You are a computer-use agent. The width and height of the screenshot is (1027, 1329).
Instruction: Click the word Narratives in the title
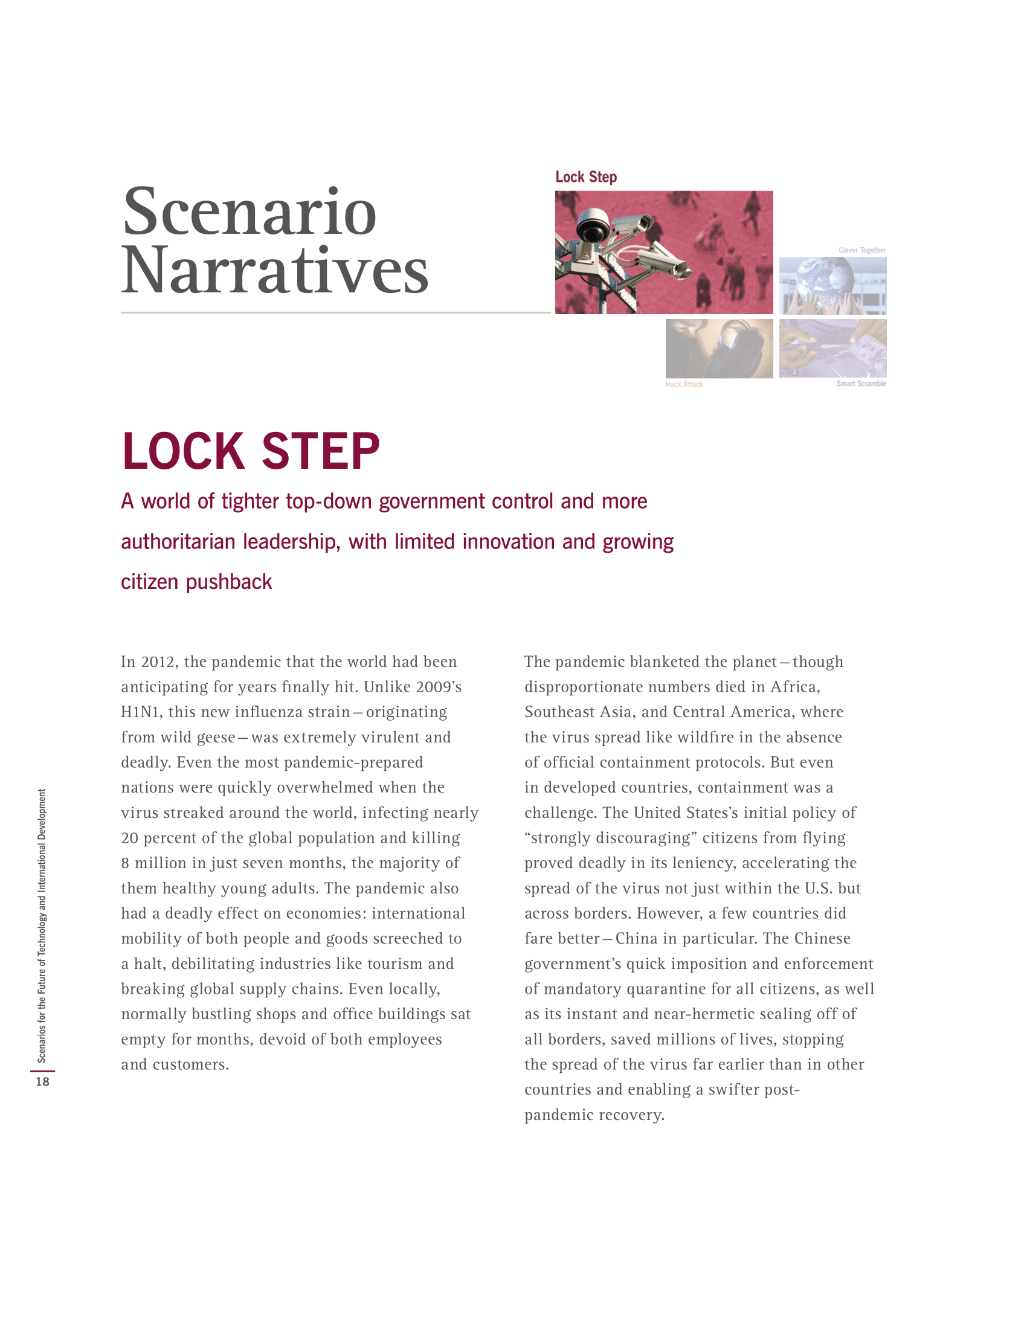coord(275,270)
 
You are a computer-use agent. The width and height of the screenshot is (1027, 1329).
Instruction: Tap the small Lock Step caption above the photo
coord(586,177)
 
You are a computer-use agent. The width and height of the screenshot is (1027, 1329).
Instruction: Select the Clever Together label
coord(861,250)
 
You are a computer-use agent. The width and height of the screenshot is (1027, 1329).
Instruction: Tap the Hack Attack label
coord(684,384)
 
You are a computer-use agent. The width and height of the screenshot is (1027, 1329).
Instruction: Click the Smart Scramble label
coord(860,384)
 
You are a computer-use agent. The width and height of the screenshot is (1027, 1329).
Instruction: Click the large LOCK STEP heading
coord(251,451)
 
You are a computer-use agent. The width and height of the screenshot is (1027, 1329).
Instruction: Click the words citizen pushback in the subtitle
coord(196,582)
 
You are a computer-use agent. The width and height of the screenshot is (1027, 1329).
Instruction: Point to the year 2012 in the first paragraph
coord(158,662)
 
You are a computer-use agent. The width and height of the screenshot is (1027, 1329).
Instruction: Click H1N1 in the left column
coord(140,712)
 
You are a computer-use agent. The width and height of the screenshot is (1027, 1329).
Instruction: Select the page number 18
coord(42,1081)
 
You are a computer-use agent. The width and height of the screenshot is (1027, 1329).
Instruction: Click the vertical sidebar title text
coord(42,925)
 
